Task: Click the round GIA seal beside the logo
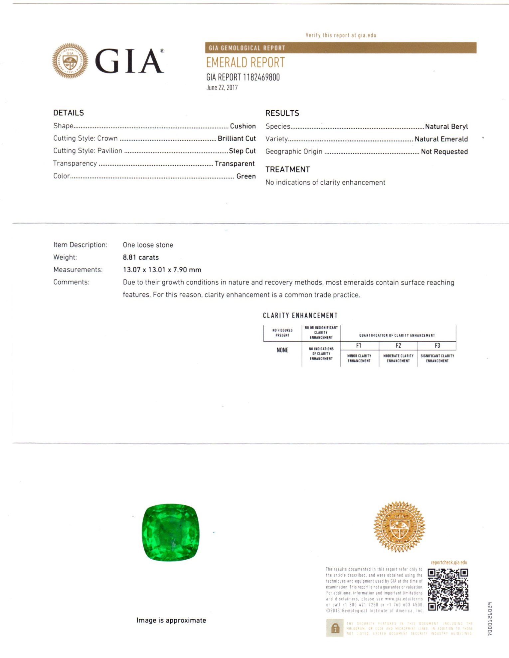click(70, 61)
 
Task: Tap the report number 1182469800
click(261, 77)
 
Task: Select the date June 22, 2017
click(222, 88)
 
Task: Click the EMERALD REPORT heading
click(246, 62)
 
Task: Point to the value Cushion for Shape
click(243, 126)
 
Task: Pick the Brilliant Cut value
click(237, 138)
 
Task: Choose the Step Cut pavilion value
click(242, 151)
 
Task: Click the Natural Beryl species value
click(446, 127)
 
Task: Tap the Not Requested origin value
click(444, 152)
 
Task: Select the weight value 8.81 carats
click(141, 257)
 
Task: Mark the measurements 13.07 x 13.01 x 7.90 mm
click(162, 270)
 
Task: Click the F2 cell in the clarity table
click(398, 346)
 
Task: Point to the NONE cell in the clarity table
click(282, 350)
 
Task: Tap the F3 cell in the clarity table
click(437, 346)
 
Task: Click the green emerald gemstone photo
click(171, 532)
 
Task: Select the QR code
click(448, 590)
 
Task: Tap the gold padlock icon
click(335, 628)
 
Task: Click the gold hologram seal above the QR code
click(399, 527)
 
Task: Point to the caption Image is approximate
click(171, 620)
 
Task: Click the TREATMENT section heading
click(287, 169)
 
